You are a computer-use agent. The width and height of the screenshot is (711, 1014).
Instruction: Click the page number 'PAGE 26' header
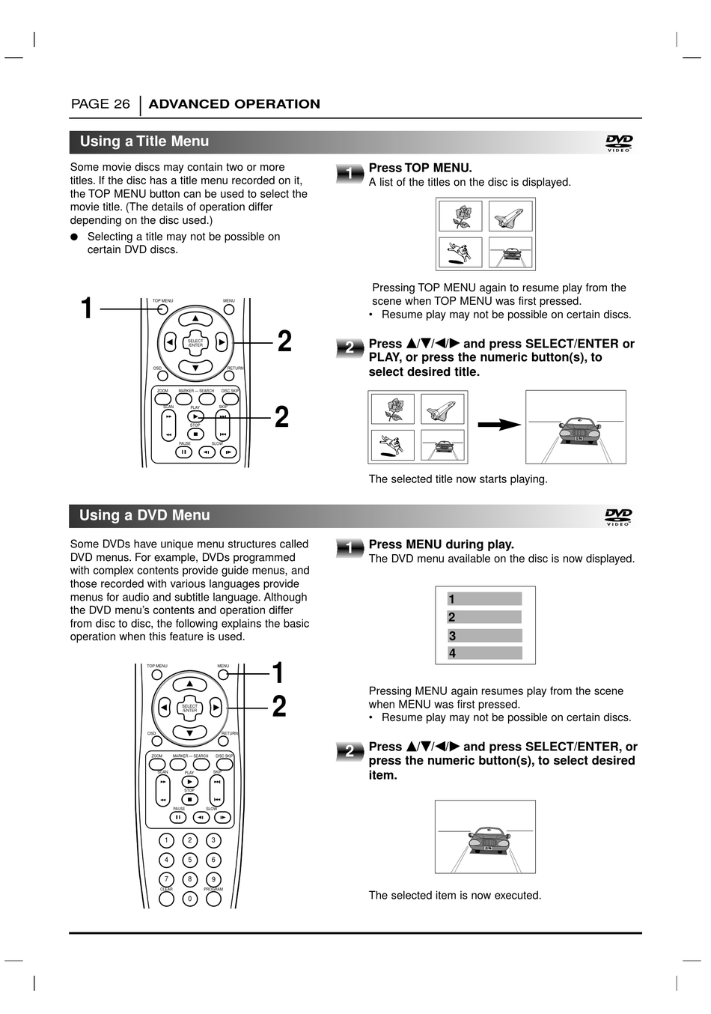(x=100, y=104)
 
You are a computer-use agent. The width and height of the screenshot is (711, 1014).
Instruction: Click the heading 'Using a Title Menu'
(x=144, y=142)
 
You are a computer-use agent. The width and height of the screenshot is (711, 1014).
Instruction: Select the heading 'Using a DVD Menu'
(x=144, y=515)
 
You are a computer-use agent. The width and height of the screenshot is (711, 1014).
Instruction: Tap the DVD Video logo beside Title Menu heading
(x=619, y=142)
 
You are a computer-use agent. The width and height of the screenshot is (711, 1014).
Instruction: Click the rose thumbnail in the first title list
(x=461, y=217)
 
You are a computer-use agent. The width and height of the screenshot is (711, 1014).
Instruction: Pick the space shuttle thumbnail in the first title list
(x=510, y=217)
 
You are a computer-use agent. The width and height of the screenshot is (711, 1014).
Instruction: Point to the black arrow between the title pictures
(x=499, y=425)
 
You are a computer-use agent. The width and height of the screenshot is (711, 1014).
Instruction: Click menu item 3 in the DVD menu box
(x=484, y=636)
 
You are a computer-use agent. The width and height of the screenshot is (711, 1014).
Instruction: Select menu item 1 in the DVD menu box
(x=484, y=599)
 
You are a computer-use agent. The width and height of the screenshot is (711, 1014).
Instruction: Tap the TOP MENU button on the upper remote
(x=162, y=309)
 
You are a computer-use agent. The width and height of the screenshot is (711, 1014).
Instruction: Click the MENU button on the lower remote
(x=223, y=675)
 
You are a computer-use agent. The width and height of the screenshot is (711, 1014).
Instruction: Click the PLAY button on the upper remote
(x=195, y=416)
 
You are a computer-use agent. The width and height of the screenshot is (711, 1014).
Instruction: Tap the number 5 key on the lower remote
(x=190, y=860)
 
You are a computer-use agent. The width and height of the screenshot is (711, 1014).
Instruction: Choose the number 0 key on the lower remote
(x=190, y=899)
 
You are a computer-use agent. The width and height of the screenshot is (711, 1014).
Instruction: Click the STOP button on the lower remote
(x=189, y=799)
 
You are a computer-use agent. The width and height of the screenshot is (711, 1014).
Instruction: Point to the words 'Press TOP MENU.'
(x=420, y=168)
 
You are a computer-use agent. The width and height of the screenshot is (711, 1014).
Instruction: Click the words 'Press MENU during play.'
(x=441, y=544)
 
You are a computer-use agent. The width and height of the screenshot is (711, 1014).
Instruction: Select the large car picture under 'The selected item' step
(x=485, y=837)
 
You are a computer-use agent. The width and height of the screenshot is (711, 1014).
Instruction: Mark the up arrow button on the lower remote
(x=190, y=684)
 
